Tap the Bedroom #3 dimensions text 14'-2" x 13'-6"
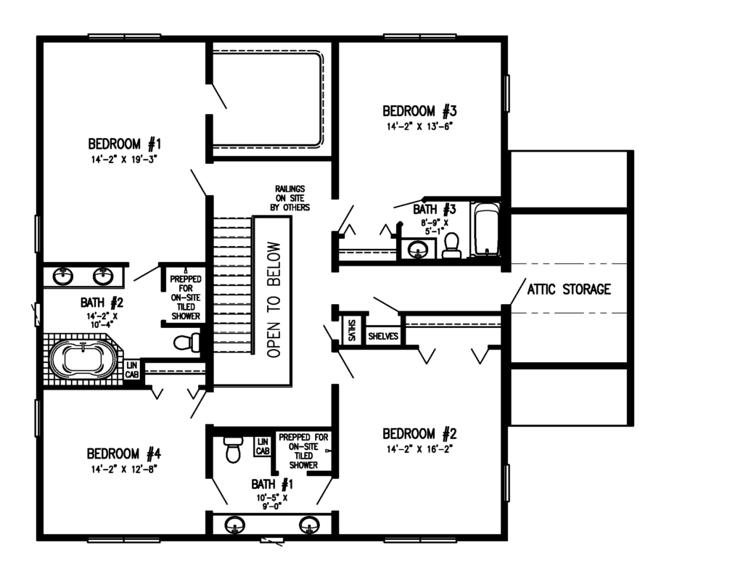coord(420,126)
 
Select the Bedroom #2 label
coord(420,434)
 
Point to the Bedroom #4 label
coord(123,454)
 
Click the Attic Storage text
coord(568,289)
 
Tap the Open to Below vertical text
coord(272,299)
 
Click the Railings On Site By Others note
coord(290,197)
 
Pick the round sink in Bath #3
coord(417,250)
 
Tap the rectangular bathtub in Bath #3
coord(485,231)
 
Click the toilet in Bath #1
coord(233,448)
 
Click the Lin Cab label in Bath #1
coord(262,446)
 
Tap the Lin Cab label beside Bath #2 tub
coord(132,369)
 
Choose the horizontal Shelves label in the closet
coord(382,337)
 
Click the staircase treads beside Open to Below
coord(231,290)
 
